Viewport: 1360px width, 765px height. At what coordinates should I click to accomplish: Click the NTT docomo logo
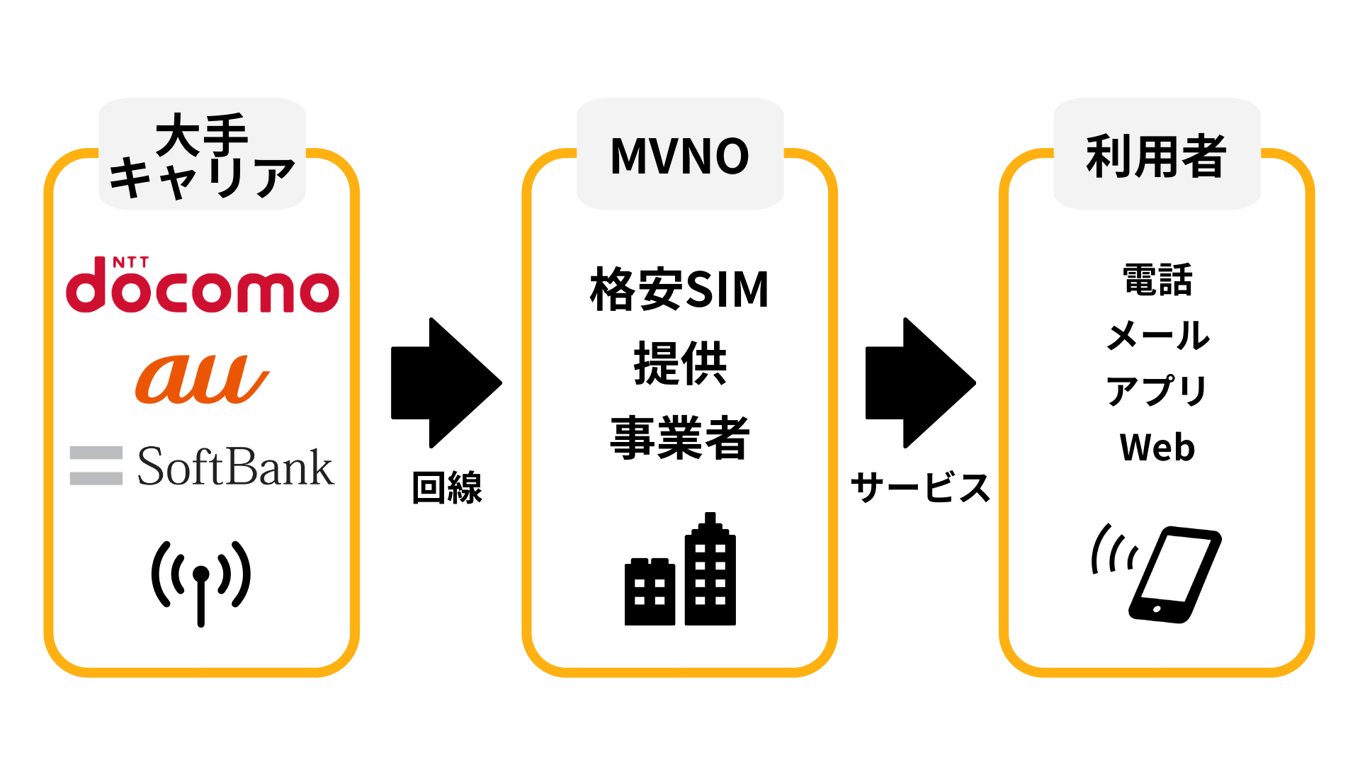click(202, 286)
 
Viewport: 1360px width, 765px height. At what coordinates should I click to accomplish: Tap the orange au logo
click(202, 379)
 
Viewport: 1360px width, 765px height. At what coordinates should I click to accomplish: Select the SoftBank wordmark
click(235, 467)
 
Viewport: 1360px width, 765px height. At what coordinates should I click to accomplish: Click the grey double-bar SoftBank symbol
click(96, 465)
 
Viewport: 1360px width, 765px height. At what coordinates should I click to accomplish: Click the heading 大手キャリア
click(202, 156)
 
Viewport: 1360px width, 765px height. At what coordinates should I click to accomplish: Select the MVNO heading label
click(679, 156)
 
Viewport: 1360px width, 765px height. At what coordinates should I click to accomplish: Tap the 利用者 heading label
click(1156, 156)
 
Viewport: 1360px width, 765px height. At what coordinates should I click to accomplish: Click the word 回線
click(447, 488)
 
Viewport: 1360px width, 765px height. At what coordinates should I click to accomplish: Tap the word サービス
click(920, 488)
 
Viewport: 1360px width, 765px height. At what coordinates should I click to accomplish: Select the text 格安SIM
click(679, 289)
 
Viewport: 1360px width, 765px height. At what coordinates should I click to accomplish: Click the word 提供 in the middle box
click(679, 363)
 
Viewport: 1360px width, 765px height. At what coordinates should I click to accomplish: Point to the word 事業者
click(679, 438)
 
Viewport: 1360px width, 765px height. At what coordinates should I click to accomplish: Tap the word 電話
click(1157, 280)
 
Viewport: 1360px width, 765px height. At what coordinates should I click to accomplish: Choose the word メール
click(1157, 335)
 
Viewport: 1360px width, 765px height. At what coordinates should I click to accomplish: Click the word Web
click(1157, 448)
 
